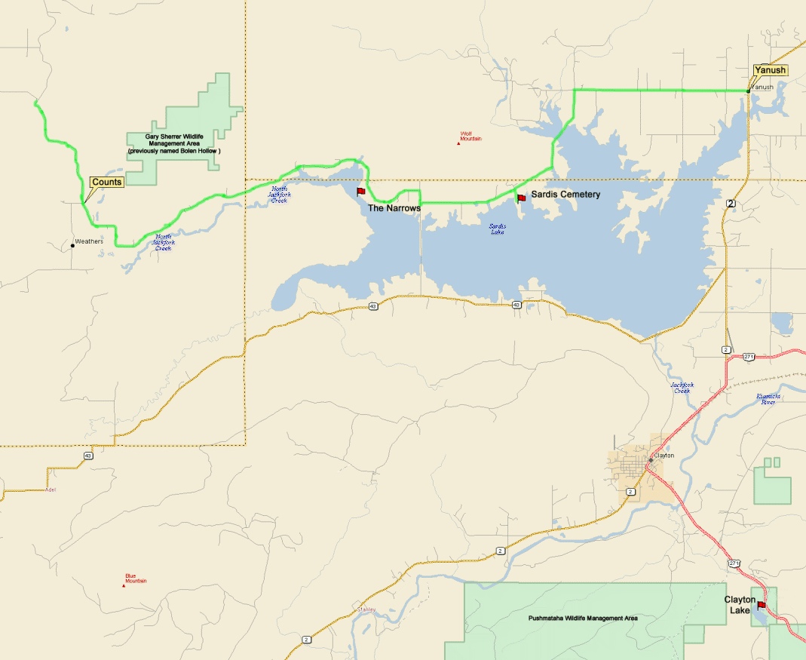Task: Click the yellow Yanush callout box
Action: pyautogui.click(x=770, y=70)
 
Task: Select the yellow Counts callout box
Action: pyautogui.click(x=106, y=182)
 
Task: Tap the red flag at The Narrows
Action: pyautogui.click(x=360, y=192)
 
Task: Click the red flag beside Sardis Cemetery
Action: pyautogui.click(x=521, y=198)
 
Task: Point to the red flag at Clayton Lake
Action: pyautogui.click(x=762, y=605)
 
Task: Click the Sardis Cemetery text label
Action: pyautogui.click(x=565, y=195)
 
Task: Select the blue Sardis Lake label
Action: pyautogui.click(x=497, y=229)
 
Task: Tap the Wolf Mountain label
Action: pyautogui.click(x=470, y=137)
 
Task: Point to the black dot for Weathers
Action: pyautogui.click(x=72, y=245)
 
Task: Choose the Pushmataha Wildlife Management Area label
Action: pyautogui.click(x=582, y=618)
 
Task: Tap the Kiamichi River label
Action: pyautogui.click(x=768, y=399)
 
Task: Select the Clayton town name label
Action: pyautogui.click(x=664, y=456)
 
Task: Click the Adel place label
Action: pyautogui.click(x=51, y=490)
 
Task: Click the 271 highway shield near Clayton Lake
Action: pyautogui.click(x=734, y=563)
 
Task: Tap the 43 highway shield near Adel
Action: pyautogui.click(x=89, y=456)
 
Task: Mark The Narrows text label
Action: pyautogui.click(x=394, y=207)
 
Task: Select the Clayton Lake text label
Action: pyautogui.click(x=739, y=604)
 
